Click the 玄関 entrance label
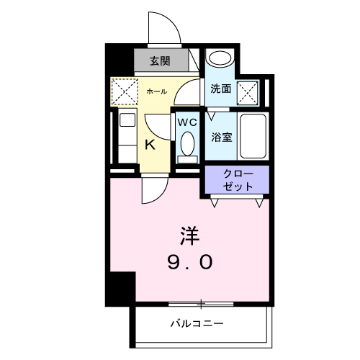click(160, 61)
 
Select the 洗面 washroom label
click(220, 89)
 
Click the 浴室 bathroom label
click(221, 136)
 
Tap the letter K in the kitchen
click(150, 144)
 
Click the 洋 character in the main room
click(189, 235)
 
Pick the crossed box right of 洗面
click(248, 91)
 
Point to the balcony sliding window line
click(202, 303)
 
